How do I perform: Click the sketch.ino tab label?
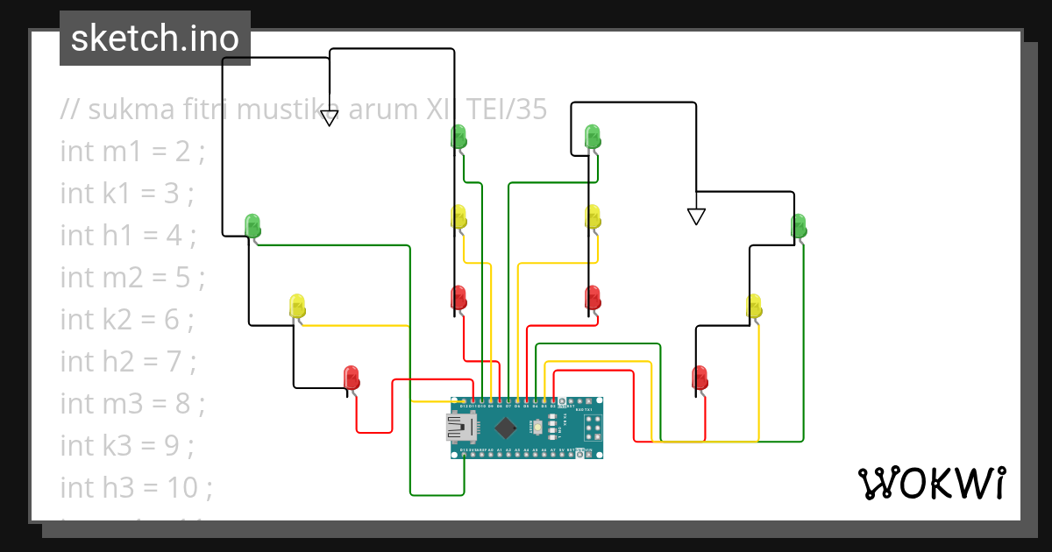point(155,39)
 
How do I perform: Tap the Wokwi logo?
point(930,483)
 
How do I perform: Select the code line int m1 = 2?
point(131,152)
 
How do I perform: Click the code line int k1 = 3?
point(126,194)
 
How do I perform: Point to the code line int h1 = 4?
point(128,236)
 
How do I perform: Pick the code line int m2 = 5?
point(131,278)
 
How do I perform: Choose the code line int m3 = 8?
point(131,404)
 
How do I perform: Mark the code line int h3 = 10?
point(136,487)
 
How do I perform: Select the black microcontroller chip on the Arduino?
point(506,428)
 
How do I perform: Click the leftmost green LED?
point(252,225)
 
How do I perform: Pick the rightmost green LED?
point(799,225)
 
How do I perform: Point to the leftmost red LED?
point(351,378)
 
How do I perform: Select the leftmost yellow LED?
point(297,307)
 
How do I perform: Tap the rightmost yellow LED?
point(754,307)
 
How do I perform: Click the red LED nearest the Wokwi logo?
point(700,378)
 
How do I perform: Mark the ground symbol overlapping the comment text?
point(329,117)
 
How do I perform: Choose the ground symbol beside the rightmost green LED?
point(696,216)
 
